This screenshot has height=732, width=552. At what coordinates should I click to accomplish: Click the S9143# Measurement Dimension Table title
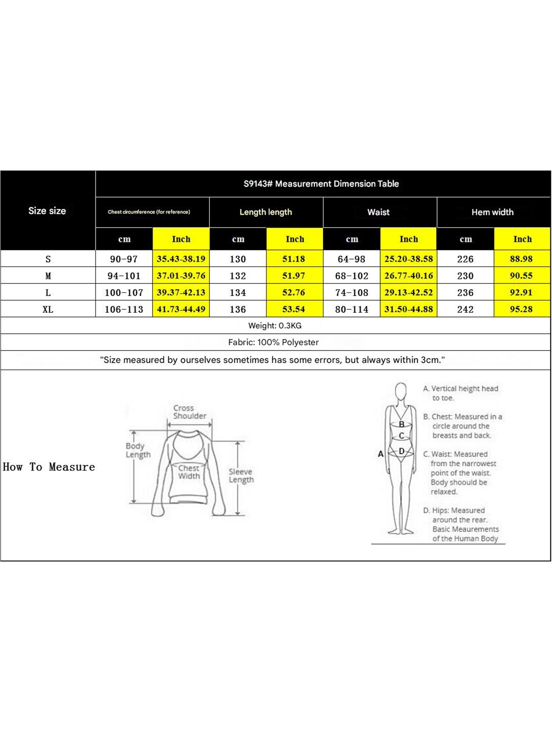321,184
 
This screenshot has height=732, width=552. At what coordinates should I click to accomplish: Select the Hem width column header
492,212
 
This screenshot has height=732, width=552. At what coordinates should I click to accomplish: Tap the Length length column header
266,212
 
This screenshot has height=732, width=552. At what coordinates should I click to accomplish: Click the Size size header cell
47,211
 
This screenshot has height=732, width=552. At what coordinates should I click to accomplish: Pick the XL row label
48,309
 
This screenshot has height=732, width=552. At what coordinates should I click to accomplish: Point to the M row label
48,276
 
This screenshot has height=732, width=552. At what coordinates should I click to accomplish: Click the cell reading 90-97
124,259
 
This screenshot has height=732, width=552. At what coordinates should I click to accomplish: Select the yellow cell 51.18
294,259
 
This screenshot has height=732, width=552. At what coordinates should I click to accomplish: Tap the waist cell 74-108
352,293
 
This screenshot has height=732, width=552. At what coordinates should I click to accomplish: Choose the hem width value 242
465,309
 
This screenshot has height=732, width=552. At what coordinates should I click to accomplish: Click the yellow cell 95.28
521,309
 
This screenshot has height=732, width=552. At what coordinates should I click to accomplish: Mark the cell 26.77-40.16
409,276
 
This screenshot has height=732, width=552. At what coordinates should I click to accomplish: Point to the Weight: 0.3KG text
275,326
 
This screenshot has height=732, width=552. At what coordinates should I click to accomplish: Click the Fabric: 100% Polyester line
273,343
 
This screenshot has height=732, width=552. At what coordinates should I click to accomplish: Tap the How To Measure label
49,467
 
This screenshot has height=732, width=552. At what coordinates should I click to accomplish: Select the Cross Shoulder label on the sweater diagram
189,412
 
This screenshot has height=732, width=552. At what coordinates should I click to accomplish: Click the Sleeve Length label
241,476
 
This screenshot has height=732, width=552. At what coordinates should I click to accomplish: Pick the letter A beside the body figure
380,454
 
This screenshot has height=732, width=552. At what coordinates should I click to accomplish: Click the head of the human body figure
400,391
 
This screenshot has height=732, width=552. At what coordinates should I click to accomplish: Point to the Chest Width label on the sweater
189,472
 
